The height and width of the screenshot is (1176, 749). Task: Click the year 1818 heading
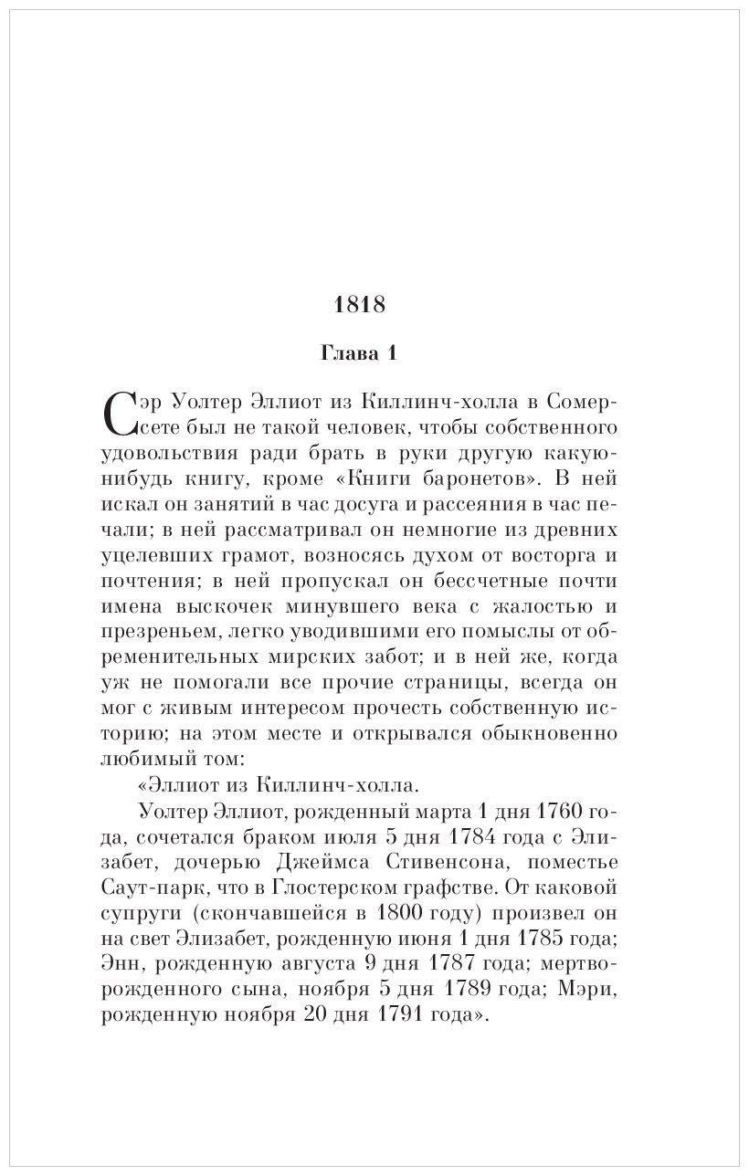coord(360,305)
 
